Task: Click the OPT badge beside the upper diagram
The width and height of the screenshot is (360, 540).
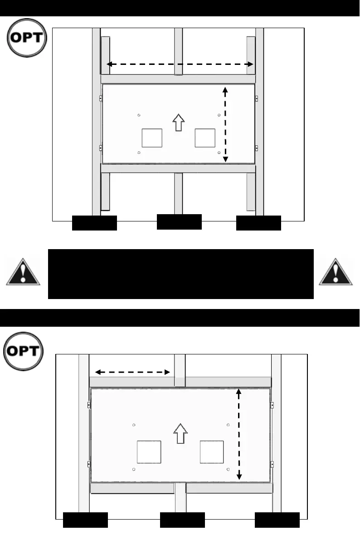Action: pyautogui.click(x=27, y=38)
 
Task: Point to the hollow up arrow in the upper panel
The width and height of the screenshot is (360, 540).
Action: pyautogui.click(x=180, y=122)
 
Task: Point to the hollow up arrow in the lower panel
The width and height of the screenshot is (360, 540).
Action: pyautogui.click(x=180, y=434)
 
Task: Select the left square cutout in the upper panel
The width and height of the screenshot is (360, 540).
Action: pyautogui.click(x=151, y=137)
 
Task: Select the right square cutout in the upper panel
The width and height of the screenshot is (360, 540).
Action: pyautogui.click(x=205, y=137)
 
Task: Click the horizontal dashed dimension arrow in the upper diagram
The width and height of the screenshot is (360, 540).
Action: pyautogui.click(x=180, y=65)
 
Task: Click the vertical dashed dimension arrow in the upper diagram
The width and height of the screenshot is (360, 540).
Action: pyautogui.click(x=225, y=124)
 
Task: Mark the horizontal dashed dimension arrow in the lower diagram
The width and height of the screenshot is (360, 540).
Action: pyautogui.click(x=132, y=372)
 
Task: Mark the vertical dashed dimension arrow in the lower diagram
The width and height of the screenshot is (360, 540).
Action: pyautogui.click(x=240, y=434)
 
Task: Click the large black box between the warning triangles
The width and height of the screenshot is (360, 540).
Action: pyautogui.click(x=180, y=274)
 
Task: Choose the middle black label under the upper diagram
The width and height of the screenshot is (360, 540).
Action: pyautogui.click(x=179, y=221)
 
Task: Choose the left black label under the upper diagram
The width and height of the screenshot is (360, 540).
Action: pyautogui.click(x=95, y=223)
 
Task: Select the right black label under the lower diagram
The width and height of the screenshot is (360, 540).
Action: pyautogui.click(x=277, y=520)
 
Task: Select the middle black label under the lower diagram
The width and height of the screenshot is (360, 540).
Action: pyautogui.click(x=182, y=520)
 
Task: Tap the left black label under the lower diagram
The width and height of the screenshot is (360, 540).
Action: pyautogui.click(x=85, y=520)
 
